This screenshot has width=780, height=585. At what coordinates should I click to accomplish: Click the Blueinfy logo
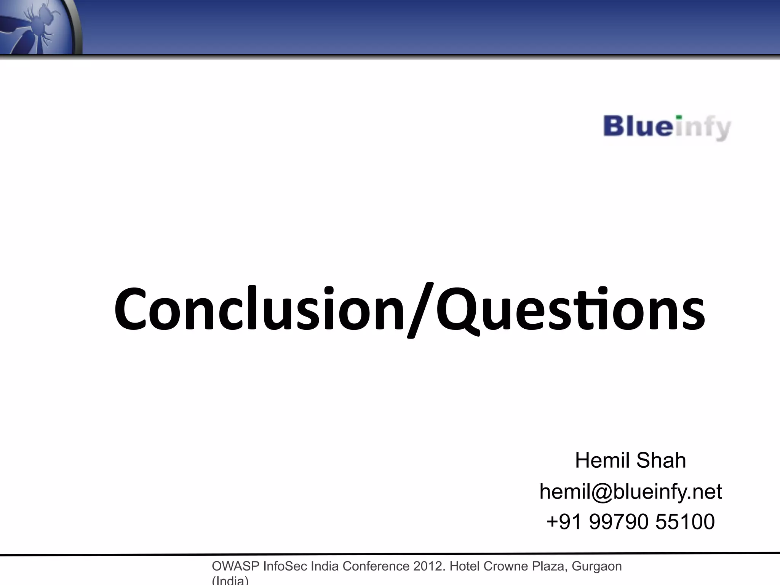click(667, 127)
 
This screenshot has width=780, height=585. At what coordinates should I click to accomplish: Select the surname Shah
click(661, 460)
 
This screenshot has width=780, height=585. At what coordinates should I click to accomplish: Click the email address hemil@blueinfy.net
click(630, 491)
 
